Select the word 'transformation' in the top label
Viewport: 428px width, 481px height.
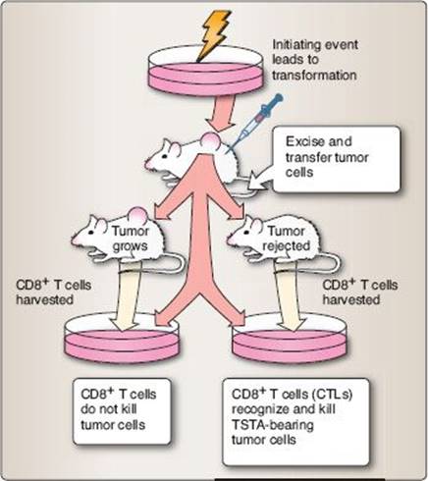point(314,76)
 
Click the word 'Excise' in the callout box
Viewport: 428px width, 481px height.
point(306,141)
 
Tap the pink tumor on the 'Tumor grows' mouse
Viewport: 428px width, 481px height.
point(137,215)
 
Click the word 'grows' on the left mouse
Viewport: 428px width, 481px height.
point(130,245)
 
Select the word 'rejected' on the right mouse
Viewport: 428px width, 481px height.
point(287,245)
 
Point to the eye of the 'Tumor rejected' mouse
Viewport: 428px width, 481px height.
point(246,232)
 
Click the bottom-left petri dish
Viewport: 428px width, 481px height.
point(122,338)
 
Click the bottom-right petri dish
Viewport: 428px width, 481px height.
point(289,338)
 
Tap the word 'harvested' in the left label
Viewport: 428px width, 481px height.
point(45,299)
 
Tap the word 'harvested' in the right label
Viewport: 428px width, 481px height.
point(351,299)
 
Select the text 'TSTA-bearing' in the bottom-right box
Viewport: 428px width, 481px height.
point(273,425)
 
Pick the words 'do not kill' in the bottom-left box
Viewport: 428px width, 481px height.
point(109,409)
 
